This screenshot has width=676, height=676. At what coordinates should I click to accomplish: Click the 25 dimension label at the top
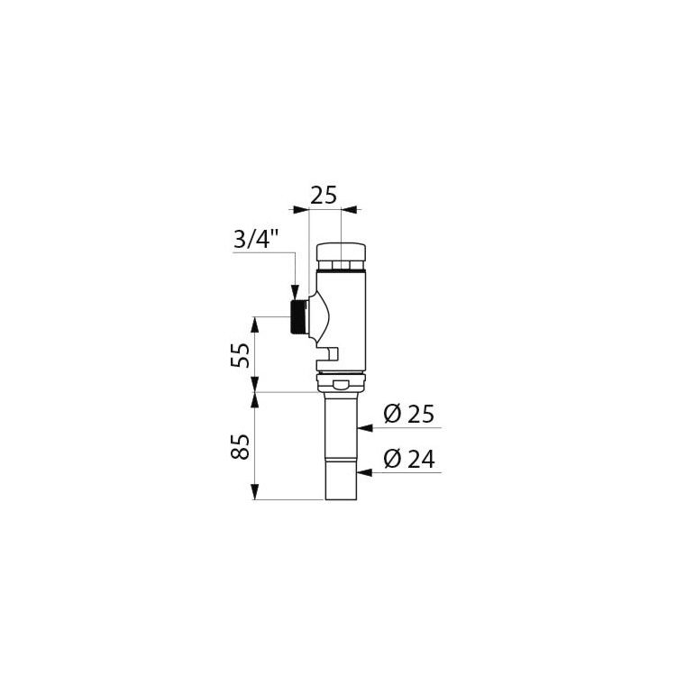pos(324,196)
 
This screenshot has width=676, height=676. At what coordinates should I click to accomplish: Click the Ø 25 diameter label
pos(408,415)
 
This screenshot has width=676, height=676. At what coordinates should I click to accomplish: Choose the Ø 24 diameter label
pos(409,460)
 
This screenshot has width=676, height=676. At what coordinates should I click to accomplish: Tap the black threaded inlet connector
pos(298,317)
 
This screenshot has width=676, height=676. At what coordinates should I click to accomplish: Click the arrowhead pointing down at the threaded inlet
pos(295,292)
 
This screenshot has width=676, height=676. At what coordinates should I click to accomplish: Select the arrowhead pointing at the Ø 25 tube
pos(365,428)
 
